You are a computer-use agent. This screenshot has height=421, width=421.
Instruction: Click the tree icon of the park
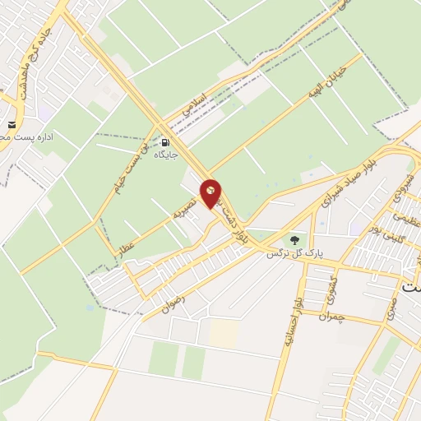pos(294,240)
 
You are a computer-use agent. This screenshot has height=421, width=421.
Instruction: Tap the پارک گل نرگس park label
pos(291,254)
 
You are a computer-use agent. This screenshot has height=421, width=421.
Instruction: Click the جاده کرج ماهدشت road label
pos(31,58)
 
